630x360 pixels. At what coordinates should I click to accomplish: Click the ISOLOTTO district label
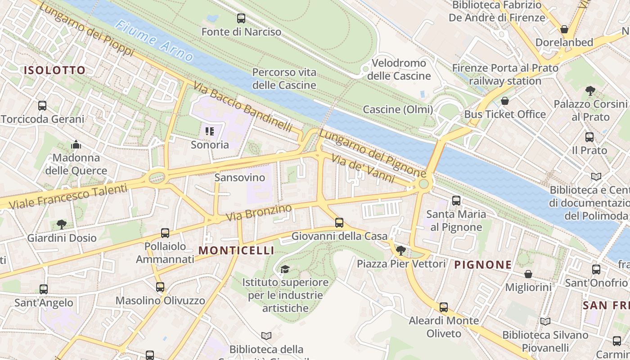pyautogui.click(x=54, y=70)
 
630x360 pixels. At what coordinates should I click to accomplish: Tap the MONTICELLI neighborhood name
pyautogui.click(x=236, y=250)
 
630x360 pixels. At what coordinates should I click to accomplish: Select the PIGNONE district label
pyautogui.click(x=483, y=265)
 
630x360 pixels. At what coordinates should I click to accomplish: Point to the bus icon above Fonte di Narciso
pyautogui.click(x=241, y=18)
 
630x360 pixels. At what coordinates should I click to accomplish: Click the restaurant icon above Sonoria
pyautogui.click(x=209, y=131)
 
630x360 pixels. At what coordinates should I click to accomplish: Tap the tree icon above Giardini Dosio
pyautogui.click(x=62, y=224)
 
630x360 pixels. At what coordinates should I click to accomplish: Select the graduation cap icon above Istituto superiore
pyautogui.click(x=285, y=269)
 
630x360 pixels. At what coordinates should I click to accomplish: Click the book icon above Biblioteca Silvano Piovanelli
pyautogui.click(x=545, y=321)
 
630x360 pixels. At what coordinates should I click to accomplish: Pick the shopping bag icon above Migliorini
pyautogui.click(x=528, y=274)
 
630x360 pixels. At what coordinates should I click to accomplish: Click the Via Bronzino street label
pyautogui.click(x=259, y=212)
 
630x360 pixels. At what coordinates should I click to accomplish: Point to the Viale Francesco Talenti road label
pyautogui.click(x=68, y=197)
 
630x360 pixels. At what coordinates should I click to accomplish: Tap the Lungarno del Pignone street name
pyautogui.click(x=372, y=153)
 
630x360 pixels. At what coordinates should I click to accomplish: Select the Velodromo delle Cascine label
pyautogui.click(x=399, y=69)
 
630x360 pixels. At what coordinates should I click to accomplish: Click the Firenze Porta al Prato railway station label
pyautogui.click(x=505, y=74)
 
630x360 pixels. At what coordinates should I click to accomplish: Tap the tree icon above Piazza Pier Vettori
pyautogui.click(x=400, y=250)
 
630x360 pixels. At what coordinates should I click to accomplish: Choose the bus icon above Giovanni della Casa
pyautogui.click(x=339, y=222)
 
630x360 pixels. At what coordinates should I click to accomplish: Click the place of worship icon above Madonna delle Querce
pyautogui.click(x=76, y=144)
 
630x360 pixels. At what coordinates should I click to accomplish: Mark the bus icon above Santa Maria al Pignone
pyautogui.click(x=456, y=201)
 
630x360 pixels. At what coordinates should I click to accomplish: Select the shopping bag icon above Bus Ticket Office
pyautogui.click(x=505, y=101)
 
